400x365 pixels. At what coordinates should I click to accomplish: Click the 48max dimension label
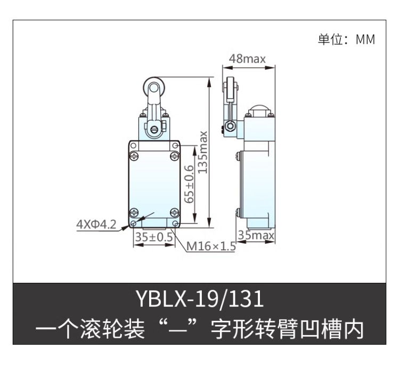pos(247,59)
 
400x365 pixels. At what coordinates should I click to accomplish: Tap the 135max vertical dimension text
pos(203,152)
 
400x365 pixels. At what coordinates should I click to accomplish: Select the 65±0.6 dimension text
pos(189,184)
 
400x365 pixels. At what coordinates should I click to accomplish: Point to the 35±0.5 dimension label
pos(154,237)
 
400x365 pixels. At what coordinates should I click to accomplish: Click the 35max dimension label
pos(256,235)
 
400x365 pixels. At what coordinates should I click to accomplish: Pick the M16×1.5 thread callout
pos(211,247)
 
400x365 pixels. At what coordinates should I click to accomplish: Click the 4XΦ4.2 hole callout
pos(96,225)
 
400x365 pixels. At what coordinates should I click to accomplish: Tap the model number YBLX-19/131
pos(200,299)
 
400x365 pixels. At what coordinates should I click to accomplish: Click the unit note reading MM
pos(365,39)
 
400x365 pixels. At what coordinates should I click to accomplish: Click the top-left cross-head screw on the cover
pos(134,156)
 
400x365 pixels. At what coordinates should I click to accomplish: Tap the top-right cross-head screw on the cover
pos(175,156)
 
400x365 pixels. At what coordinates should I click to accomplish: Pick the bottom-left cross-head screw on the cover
pos(134,212)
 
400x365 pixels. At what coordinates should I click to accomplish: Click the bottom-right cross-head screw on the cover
pos(175,212)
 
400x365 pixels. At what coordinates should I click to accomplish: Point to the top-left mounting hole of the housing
pos(133,146)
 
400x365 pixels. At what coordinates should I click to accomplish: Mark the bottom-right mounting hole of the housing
pos(175,224)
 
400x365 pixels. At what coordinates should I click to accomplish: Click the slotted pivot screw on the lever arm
pos(154,130)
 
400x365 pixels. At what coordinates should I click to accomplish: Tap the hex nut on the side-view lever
pos(231,126)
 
